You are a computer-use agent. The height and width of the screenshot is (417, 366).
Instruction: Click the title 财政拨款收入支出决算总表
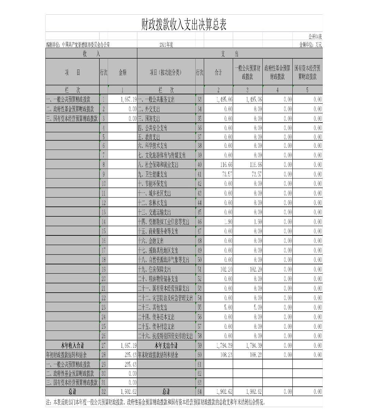pyautogui.click(x=184, y=25)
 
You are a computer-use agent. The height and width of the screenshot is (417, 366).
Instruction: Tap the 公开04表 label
pyautogui.click(x=315, y=36)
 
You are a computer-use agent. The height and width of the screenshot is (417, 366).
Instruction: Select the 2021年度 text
pyautogui.click(x=166, y=45)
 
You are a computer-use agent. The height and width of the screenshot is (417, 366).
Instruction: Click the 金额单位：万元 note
pyautogui.click(x=310, y=45)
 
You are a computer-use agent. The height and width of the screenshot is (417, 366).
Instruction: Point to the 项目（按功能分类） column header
pyautogui.click(x=166, y=72)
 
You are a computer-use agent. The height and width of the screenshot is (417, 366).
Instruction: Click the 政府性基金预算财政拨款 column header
pyautogui.click(x=277, y=72)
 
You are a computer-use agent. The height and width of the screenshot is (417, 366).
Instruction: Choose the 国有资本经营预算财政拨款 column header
pyautogui.click(x=307, y=72)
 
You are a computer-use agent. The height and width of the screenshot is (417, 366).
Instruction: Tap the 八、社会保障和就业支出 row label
pyautogui.click(x=158, y=165)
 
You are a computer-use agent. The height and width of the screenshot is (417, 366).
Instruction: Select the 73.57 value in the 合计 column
pyautogui.click(x=226, y=174)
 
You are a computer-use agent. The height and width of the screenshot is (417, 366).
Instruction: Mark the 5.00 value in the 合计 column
pyautogui.click(x=228, y=307)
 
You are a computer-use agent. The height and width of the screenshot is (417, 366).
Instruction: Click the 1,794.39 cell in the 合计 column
pyautogui.click(x=224, y=345)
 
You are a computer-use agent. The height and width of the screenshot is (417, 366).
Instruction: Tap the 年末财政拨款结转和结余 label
pyautogui.click(x=158, y=355)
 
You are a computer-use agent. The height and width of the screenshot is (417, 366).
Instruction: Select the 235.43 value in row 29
pyautogui.click(x=130, y=364)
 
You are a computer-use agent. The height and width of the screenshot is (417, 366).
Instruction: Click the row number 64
pyautogui.click(x=200, y=391)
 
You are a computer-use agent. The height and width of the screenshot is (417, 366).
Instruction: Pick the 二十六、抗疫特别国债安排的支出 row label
pyautogui.click(x=165, y=336)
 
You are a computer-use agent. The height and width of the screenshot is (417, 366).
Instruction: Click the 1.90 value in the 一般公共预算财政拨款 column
pyautogui.click(x=258, y=222)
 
